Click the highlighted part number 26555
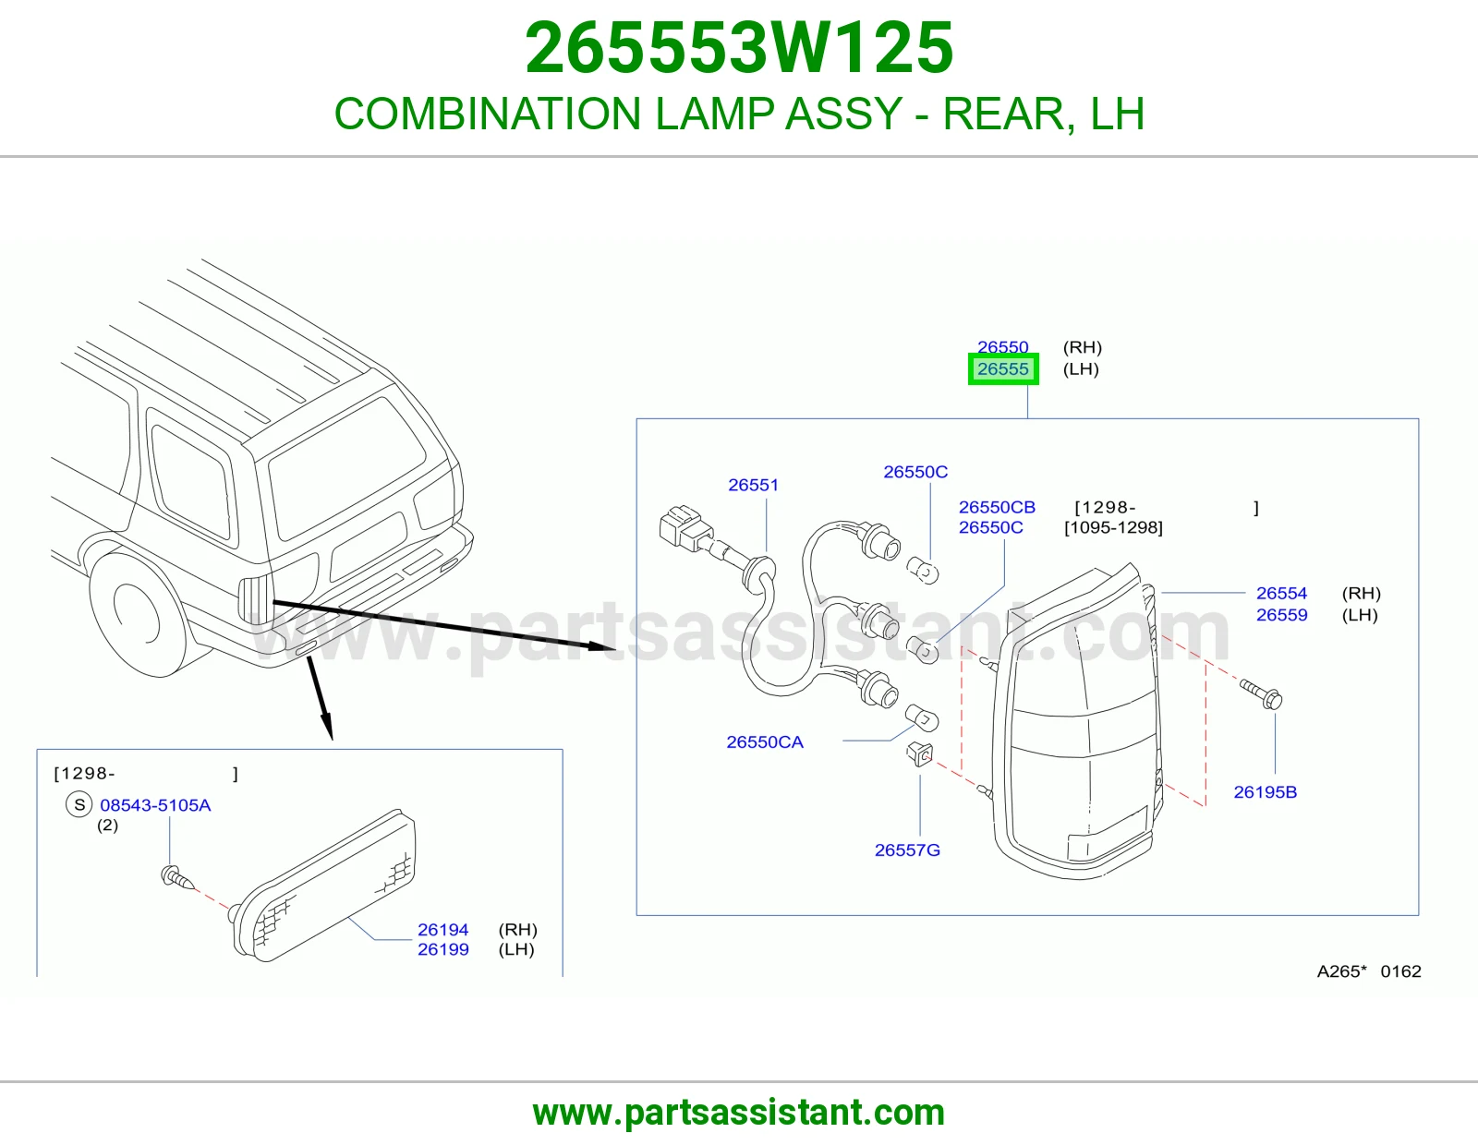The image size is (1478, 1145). click(1002, 369)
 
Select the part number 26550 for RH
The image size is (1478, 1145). click(1002, 347)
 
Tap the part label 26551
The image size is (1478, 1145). click(753, 485)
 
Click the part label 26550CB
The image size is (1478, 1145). click(997, 507)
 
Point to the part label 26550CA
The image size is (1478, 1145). click(765, 741)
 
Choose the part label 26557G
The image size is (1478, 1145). click(907, 850)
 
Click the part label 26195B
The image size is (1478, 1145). click(1266, 792)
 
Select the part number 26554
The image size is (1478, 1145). click(1281, 593)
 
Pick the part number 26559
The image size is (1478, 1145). click(1281, 615)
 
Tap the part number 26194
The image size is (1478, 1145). click(442, 930)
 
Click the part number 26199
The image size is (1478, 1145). click(442, 949)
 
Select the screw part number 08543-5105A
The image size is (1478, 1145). click(155, 805)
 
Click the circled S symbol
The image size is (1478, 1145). click(79, 805)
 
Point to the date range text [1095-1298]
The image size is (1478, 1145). click(1113, 527)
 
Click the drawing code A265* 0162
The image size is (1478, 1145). click(1368, 970)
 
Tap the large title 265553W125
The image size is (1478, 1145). click(739, 48)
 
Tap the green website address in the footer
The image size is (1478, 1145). click(739, 1113)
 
